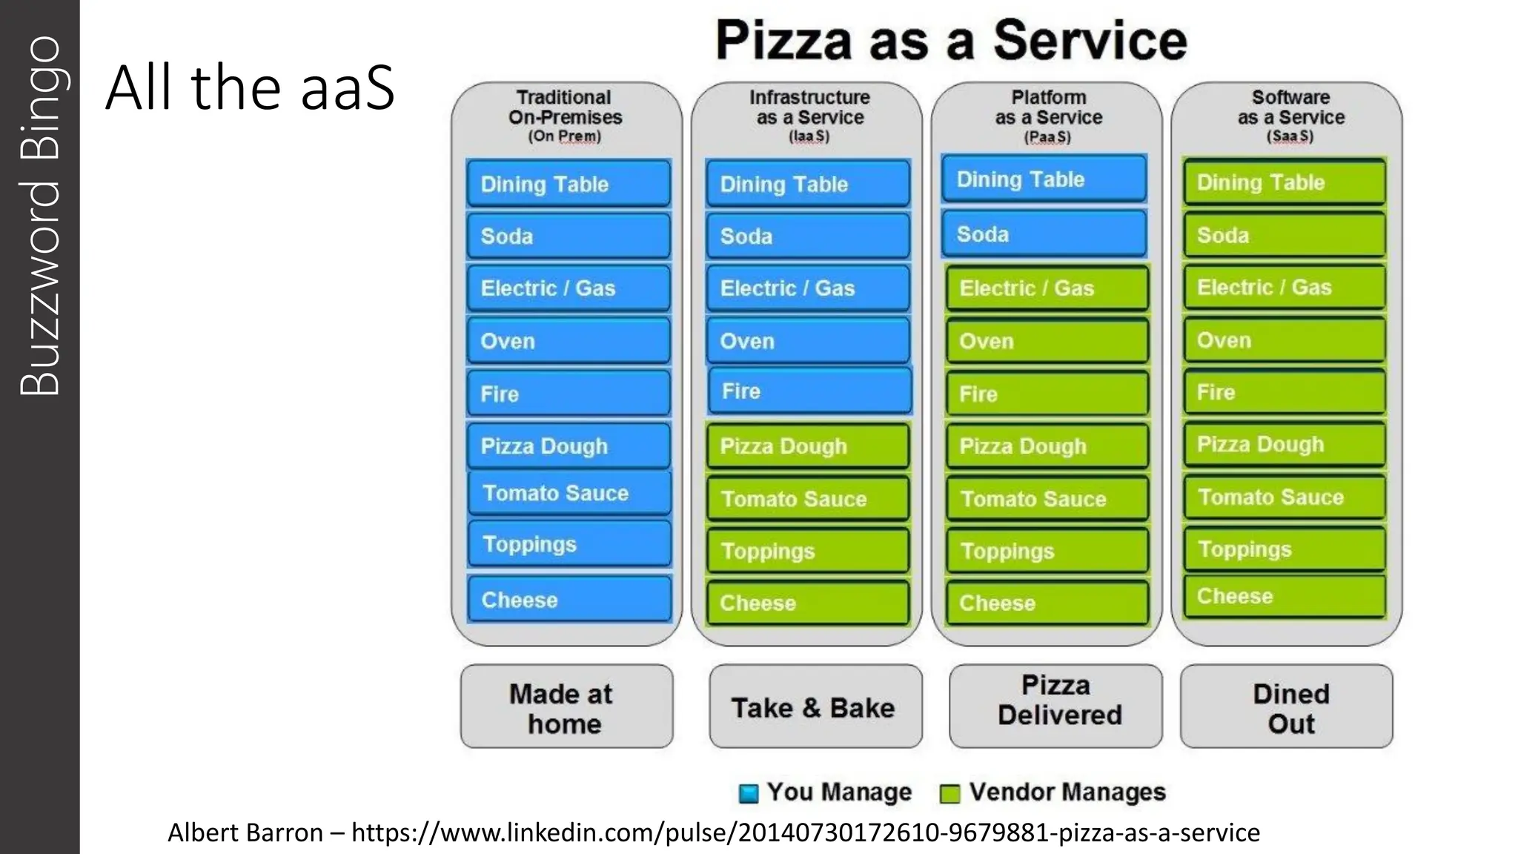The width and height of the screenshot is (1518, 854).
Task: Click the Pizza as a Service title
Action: (x=951, y=41)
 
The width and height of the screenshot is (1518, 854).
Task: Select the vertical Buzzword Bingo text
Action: (x=39, y=215)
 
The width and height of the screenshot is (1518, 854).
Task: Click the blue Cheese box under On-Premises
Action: (x=569, y=599)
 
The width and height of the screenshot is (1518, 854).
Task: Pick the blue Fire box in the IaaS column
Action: (x=809, y=391)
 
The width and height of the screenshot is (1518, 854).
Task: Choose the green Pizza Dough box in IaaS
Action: (x=808, y=446)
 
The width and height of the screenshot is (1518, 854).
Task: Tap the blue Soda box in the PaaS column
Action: (x=1044, y=234)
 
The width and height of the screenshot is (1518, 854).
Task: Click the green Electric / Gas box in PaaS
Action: (x=1047, y=288)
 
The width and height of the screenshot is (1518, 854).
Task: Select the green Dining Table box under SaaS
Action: (x=1285, y=182)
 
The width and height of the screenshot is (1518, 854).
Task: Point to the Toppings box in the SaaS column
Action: (x=1285, y=549)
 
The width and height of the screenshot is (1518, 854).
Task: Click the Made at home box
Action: (x=566, y=707)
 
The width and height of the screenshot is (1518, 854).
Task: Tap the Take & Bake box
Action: (x=815, y=707)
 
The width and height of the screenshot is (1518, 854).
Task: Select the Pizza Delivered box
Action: (x=1056, y=701)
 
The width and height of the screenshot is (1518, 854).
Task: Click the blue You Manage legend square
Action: (x=749, y=793)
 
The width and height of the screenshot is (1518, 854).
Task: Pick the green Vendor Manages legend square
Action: (x=949, y=793)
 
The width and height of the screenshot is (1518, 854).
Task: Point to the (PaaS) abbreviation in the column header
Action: (x=1047, y=137)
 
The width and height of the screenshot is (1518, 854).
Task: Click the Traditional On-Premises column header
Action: (x=565, y=107)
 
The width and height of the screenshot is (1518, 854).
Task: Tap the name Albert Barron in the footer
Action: (x=245, y=833)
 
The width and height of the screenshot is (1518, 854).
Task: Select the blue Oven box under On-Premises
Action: (x=569, y=341)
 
